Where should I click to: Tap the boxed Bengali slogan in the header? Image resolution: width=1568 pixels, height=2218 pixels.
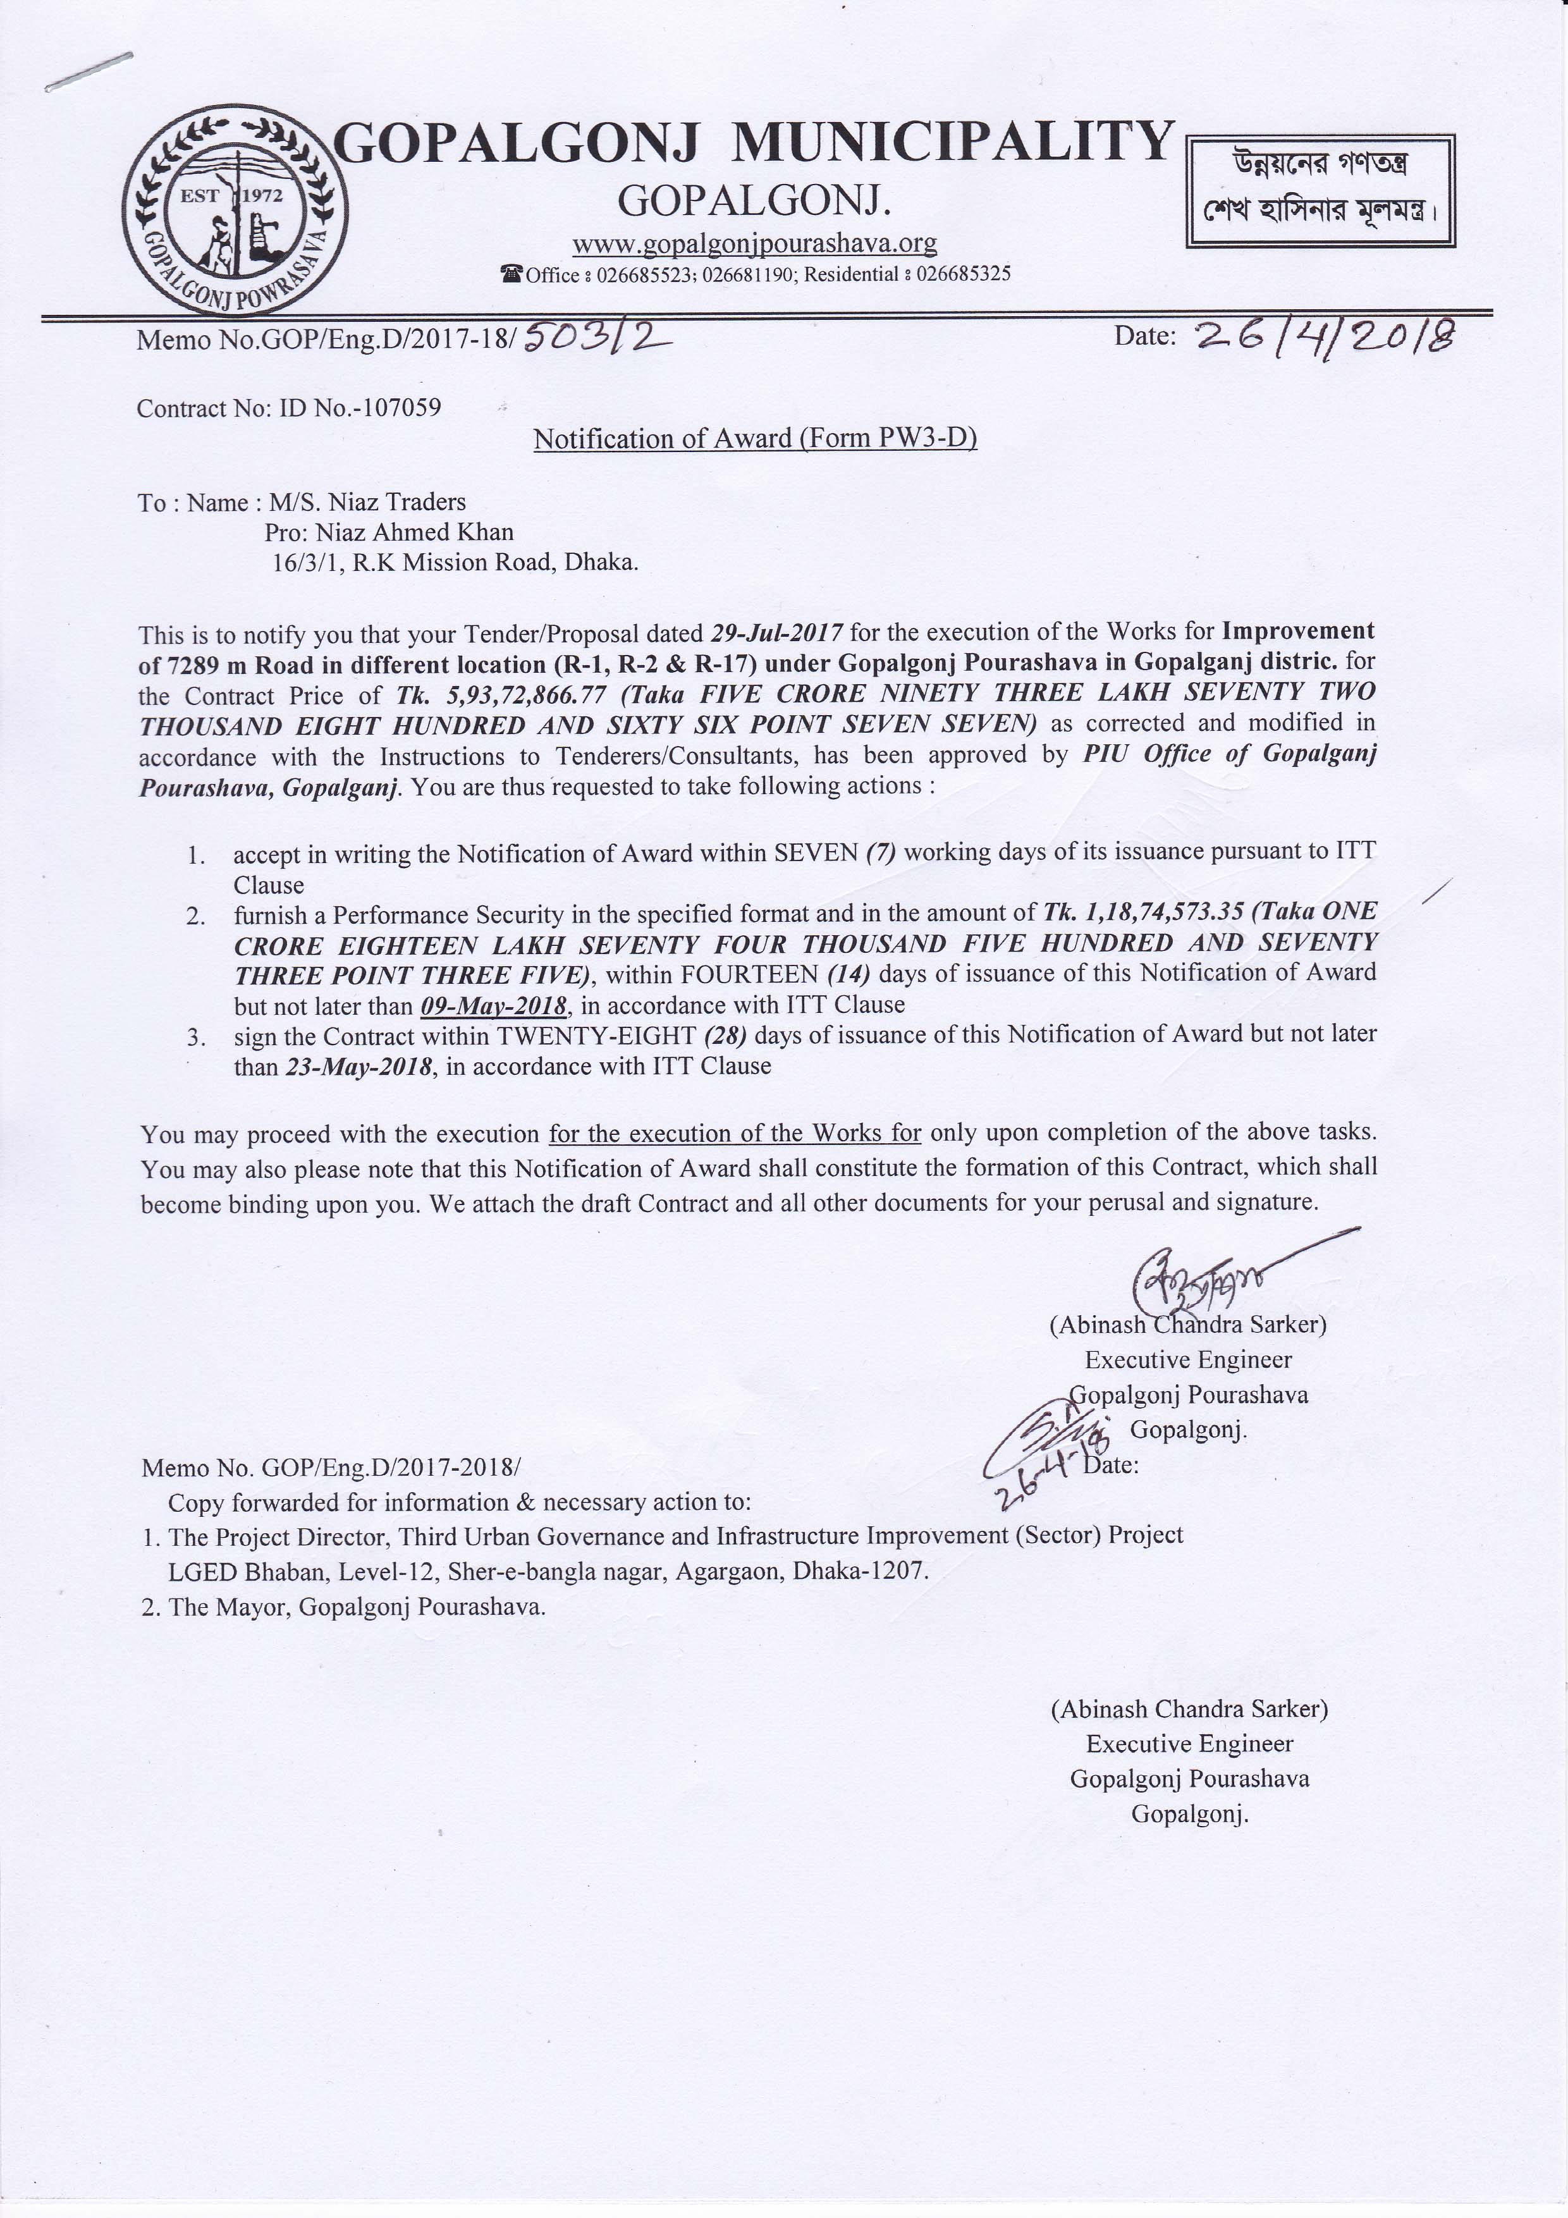(1320, 192)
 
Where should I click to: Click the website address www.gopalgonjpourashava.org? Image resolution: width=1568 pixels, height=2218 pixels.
(754, 243)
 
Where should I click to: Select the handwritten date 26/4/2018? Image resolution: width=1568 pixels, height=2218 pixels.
(1325, 336)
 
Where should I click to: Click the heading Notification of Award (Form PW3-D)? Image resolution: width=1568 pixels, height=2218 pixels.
(754, 439)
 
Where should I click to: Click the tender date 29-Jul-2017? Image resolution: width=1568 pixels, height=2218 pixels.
(777, 633)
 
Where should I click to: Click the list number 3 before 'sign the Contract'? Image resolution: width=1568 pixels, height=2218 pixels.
(196, 1038)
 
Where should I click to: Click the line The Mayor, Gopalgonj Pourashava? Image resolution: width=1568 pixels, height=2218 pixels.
(344, 1607)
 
